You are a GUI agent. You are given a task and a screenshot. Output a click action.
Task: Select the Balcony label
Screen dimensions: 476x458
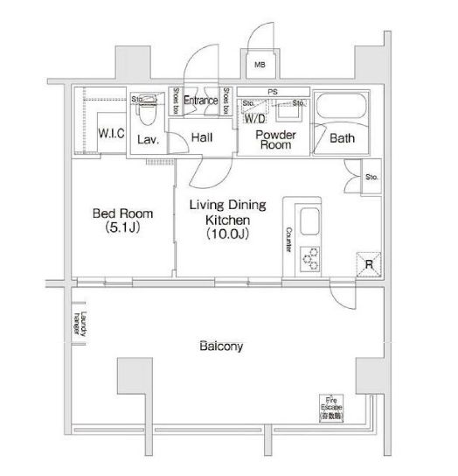[x=219, y=346]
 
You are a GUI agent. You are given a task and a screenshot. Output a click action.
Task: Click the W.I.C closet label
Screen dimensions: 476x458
[x=110, y=135]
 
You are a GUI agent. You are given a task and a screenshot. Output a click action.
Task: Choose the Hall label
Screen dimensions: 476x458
[x=202, y=136]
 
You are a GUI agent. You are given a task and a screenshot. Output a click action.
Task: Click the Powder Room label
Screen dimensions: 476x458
[x=276, y=140]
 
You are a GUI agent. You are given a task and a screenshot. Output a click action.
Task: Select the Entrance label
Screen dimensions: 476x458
[x=200, y=101]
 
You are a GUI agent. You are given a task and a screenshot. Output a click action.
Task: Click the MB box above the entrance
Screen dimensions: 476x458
[x=260, y=65]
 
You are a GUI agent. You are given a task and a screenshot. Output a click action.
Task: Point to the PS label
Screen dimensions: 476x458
[x=272, y=91]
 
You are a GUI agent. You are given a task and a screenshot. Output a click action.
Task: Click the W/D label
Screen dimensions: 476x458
[x=255, y=117]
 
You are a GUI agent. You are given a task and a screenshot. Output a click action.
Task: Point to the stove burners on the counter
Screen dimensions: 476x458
[x=310, y=257]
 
